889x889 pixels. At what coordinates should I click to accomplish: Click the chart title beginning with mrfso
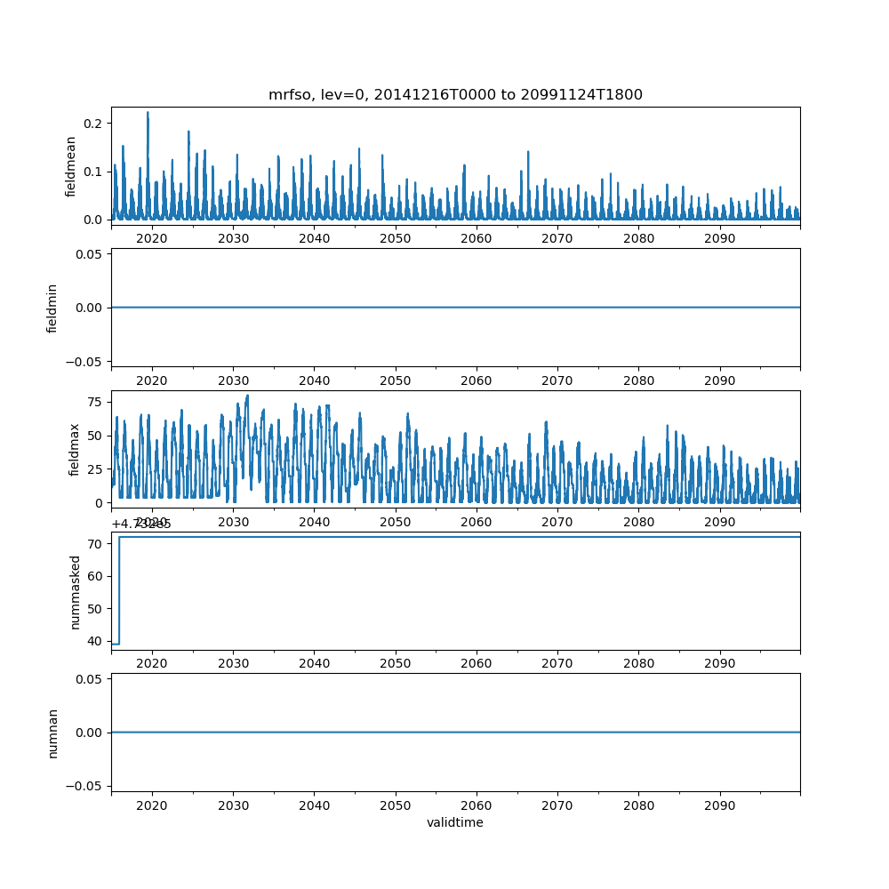coord(455,95)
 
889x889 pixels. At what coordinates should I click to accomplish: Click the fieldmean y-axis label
coord(71,166)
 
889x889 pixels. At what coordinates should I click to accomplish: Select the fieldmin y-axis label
coord(52,308)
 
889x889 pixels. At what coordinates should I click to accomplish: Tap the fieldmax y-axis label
coord(74,449)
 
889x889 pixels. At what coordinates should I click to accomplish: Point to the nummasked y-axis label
coord(76,591)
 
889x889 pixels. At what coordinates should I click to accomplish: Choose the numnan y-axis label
coord(52,733)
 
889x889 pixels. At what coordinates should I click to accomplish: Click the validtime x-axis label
coord(455,823)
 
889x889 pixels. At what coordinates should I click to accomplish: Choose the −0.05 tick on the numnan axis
coord(85,786)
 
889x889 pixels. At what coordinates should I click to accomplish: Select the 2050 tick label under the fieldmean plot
coord(395,238)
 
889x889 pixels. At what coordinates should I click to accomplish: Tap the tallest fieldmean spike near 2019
coord(148,114)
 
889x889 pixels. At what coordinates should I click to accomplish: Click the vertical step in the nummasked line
coord(119,590)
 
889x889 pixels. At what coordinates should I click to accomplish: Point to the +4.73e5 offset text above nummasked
coord(141,525)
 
